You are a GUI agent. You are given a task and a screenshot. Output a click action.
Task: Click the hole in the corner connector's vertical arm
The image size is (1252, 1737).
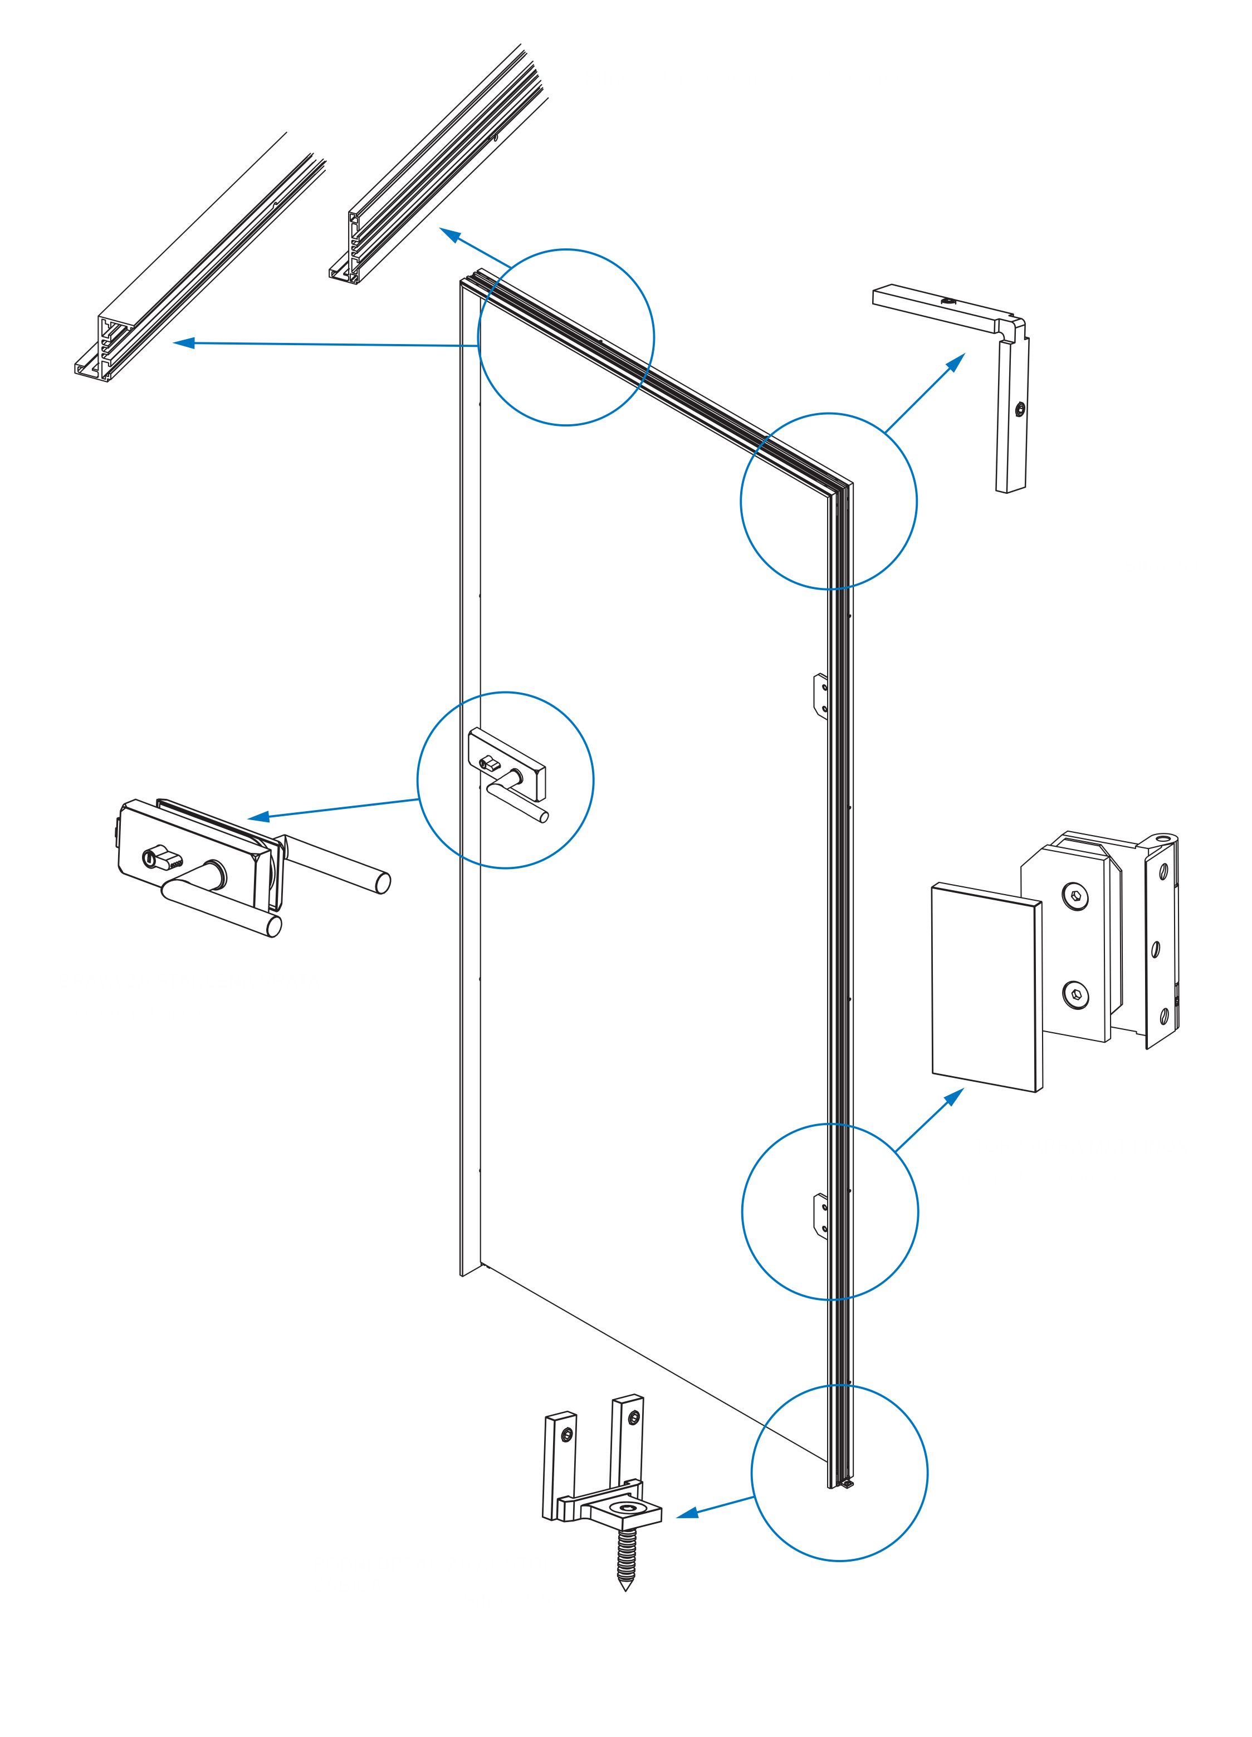(1019, 410)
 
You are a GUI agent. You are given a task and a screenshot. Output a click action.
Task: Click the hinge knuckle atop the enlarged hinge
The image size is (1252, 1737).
(1164, 840)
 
